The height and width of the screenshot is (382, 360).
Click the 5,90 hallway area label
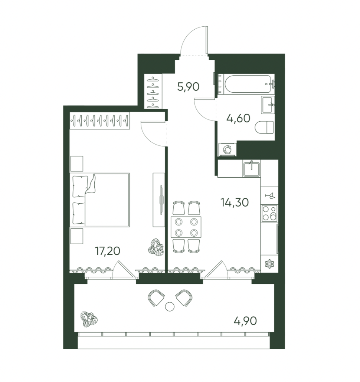tap(188, 87)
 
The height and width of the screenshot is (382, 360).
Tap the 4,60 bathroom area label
tap(238, 118)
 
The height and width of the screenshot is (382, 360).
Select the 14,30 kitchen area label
tap(235, 202)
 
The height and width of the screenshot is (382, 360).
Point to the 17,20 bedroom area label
tap(108, 251)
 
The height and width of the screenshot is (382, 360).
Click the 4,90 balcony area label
tap(245, 321)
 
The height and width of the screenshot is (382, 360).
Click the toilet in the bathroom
tap(264, 127)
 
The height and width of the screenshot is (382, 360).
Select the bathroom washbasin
tap(268, 105)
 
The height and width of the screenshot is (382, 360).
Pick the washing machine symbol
tap(228, 149)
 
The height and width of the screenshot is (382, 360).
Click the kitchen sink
tap(251, 168)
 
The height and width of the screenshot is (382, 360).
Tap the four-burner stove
tap(269, 213)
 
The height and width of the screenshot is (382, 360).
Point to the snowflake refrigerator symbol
tap(269, 264)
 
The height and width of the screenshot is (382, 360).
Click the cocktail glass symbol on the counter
tap(270, 195)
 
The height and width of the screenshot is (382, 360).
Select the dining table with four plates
tap(186, 227)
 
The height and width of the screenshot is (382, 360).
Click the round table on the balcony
tap(170, 306)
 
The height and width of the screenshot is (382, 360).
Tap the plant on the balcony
tap(89, 319)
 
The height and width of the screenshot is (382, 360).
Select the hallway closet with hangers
tap(153, 91)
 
